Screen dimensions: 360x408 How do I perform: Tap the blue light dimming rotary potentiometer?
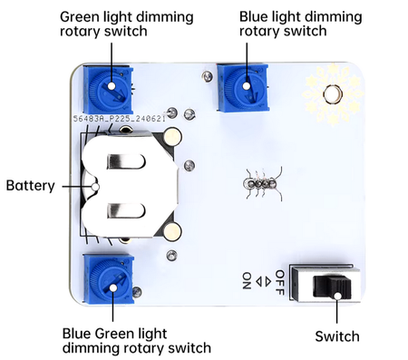245,85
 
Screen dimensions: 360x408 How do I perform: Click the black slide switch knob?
336,287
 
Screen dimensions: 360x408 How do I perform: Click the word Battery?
30,186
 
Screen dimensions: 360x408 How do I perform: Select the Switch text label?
337,336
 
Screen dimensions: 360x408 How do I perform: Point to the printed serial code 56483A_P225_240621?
118,118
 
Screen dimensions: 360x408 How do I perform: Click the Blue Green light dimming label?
137,340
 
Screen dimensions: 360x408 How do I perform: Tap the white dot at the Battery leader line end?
92,186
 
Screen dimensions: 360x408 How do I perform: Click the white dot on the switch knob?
336,294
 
